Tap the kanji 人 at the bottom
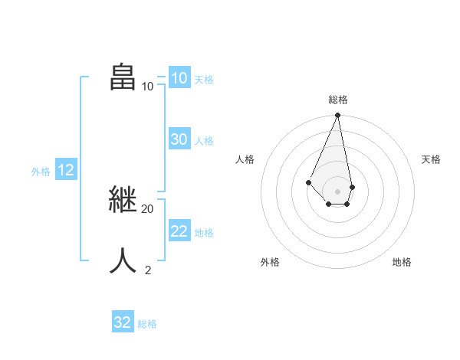click(124, 260)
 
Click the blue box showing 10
click(179, 78)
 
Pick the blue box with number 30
click(179, 139)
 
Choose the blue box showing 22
click(179, 231)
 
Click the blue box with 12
click(65, 170)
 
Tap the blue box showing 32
click(122, 322)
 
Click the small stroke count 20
click(147, 208)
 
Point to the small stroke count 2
click(148, 270)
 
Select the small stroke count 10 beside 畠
click(147, 86)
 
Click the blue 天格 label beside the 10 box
click(204, 79)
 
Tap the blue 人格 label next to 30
click(204, 141)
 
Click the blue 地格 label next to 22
click(204, 233)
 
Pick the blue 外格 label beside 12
click(41, 172)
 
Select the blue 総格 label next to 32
click(147, 324)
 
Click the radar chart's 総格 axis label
click(337, 100)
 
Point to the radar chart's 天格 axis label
click(431, 159)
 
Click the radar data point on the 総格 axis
click(337, 116)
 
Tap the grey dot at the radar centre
click(337, 191)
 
